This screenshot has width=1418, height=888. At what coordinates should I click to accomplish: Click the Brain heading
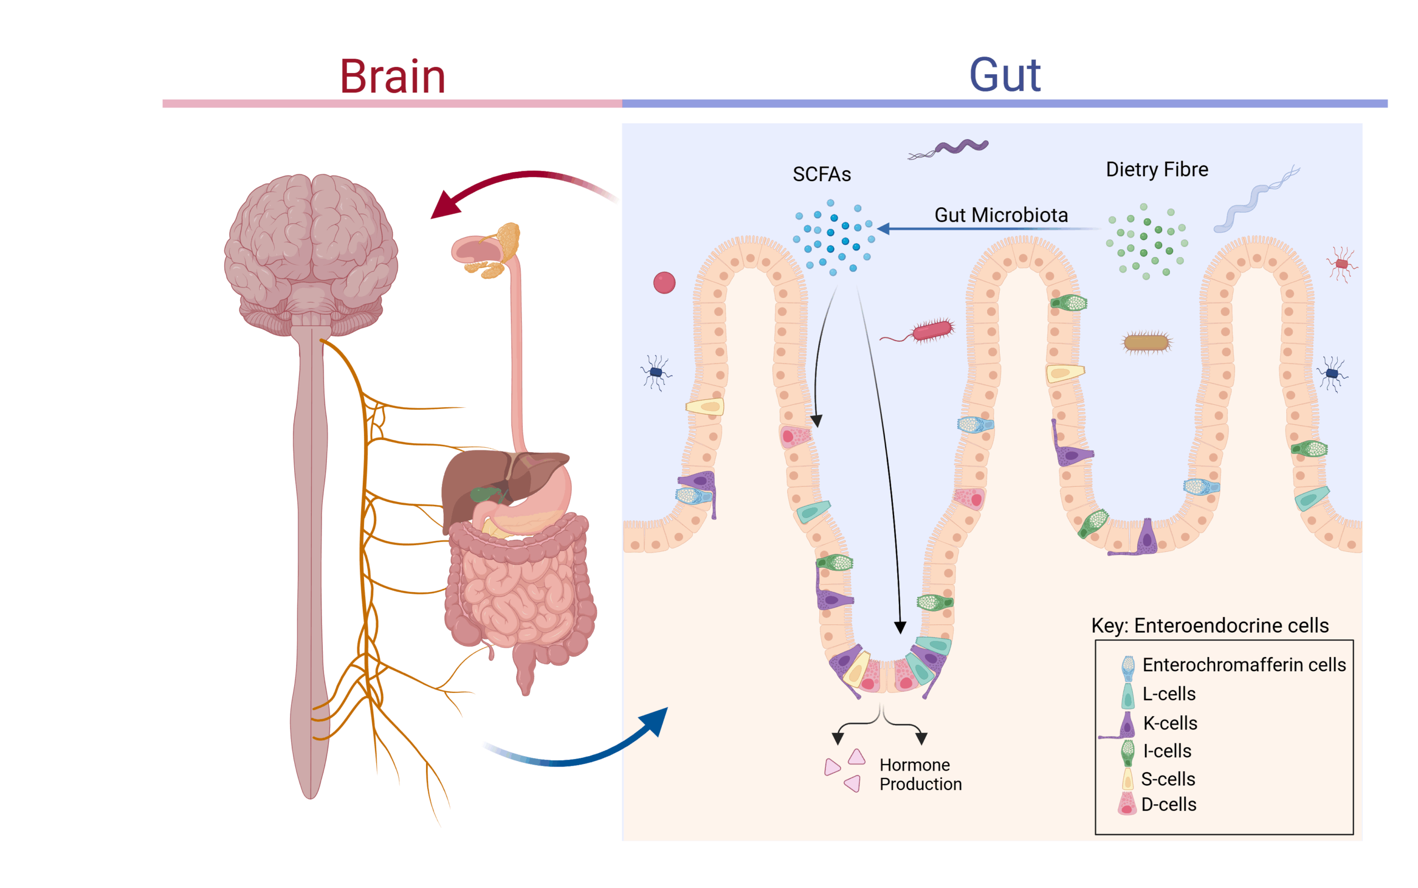[392, 76]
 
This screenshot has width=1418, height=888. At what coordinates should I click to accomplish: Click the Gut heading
[1005, 75]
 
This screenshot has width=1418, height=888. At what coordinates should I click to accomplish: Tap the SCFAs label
[821, 174]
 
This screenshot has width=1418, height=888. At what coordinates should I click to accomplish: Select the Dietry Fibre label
[1157, 170]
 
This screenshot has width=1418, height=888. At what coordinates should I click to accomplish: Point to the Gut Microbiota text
[1000, 215]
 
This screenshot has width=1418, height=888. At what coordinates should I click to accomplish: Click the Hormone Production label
[920, 774]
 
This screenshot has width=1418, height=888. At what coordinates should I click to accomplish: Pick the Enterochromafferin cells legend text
[1244, 665]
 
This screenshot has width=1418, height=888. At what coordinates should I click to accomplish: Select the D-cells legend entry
[1168, 804]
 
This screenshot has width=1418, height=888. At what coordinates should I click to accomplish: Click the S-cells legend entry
[1168, 779]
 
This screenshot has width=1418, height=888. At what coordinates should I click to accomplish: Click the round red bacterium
[664, 283]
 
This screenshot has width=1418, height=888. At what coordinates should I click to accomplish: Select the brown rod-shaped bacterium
[1146, 342]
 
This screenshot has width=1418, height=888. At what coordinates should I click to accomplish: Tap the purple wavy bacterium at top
[960, 146]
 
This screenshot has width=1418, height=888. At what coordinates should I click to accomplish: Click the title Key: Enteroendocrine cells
[1210, 625]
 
